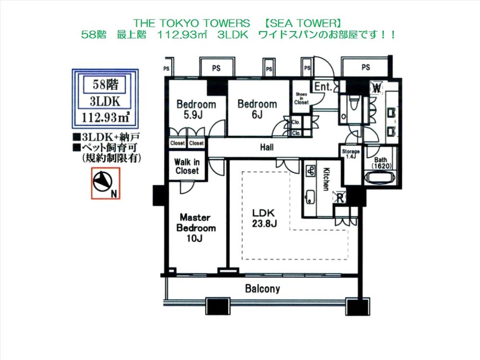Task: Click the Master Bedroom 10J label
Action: (x=196, y=228)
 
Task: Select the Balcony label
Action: (x=262, y=289)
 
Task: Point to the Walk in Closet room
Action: (x=187, y=166)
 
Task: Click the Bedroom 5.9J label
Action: (x=196, y=109)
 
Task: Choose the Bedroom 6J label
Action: (x=257, y=109)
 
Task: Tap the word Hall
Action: (x=267, y=147)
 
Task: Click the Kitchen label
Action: (x=326, y=179)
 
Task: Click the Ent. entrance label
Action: (x=323, y=87)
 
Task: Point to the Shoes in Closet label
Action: (x=301, y=98)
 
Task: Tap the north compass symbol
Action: (x=102, y=182)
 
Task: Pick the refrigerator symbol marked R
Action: (x=339, y=196)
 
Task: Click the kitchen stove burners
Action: (x=310, y=170)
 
